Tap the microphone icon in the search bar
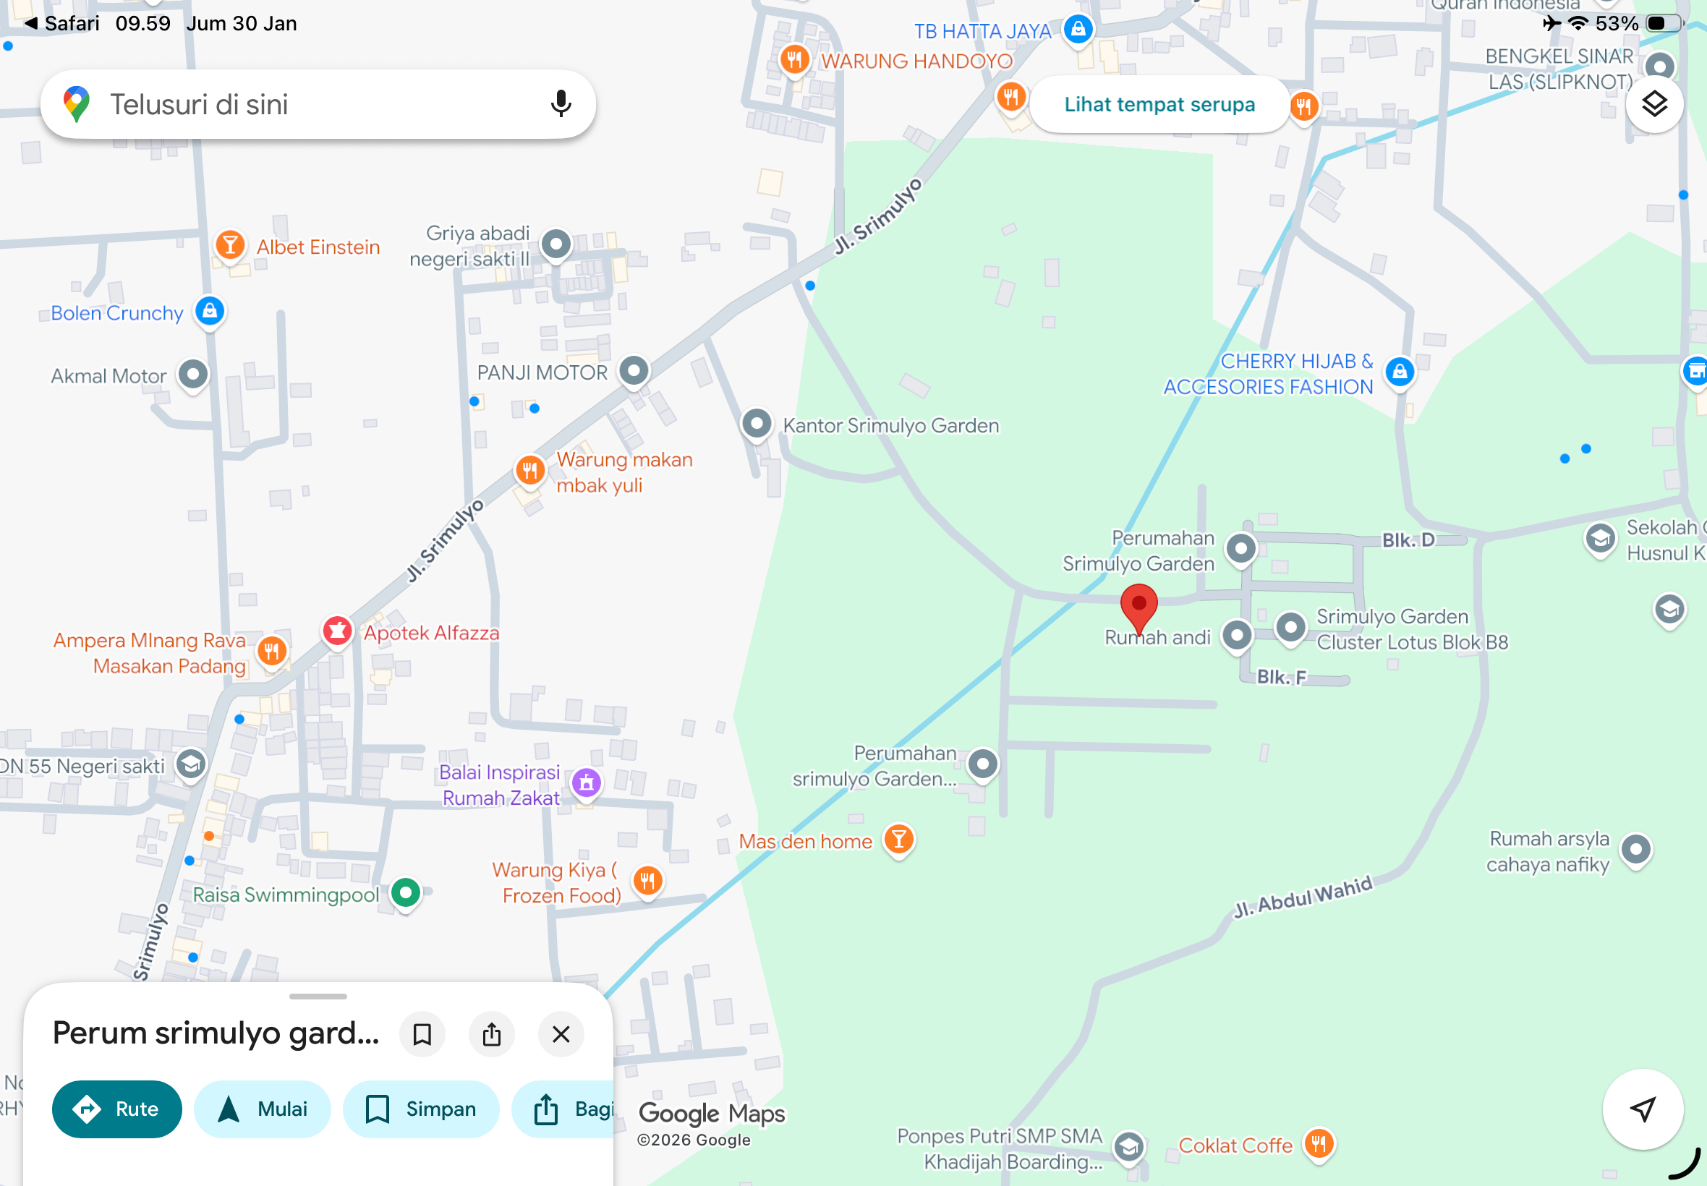[x=561, y=104]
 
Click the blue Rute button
[x=116, y=1109]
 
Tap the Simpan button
[x=421, y=1109]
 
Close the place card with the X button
[x=561, y=1033]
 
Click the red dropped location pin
[x=1138, y=605]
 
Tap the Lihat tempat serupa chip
[x=1159, y=105]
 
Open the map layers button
[x=1654, y=105]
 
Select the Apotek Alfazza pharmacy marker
[x=337, y=631]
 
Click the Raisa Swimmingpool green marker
[x=406, y=892]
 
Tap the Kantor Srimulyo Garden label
[x=890, y=426]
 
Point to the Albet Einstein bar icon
[x=231, y=244]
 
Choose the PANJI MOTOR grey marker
[x=634, y=370]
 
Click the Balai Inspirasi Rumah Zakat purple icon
[x=587, y=782]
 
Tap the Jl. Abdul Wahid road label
[x=1303, y=897]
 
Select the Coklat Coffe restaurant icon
[x=1319, y=1143]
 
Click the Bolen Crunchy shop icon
[x=210, y=311]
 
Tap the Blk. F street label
[x=1281, y=677]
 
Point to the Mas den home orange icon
[x=899, y=840]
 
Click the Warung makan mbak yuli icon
[x=530, y=469]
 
